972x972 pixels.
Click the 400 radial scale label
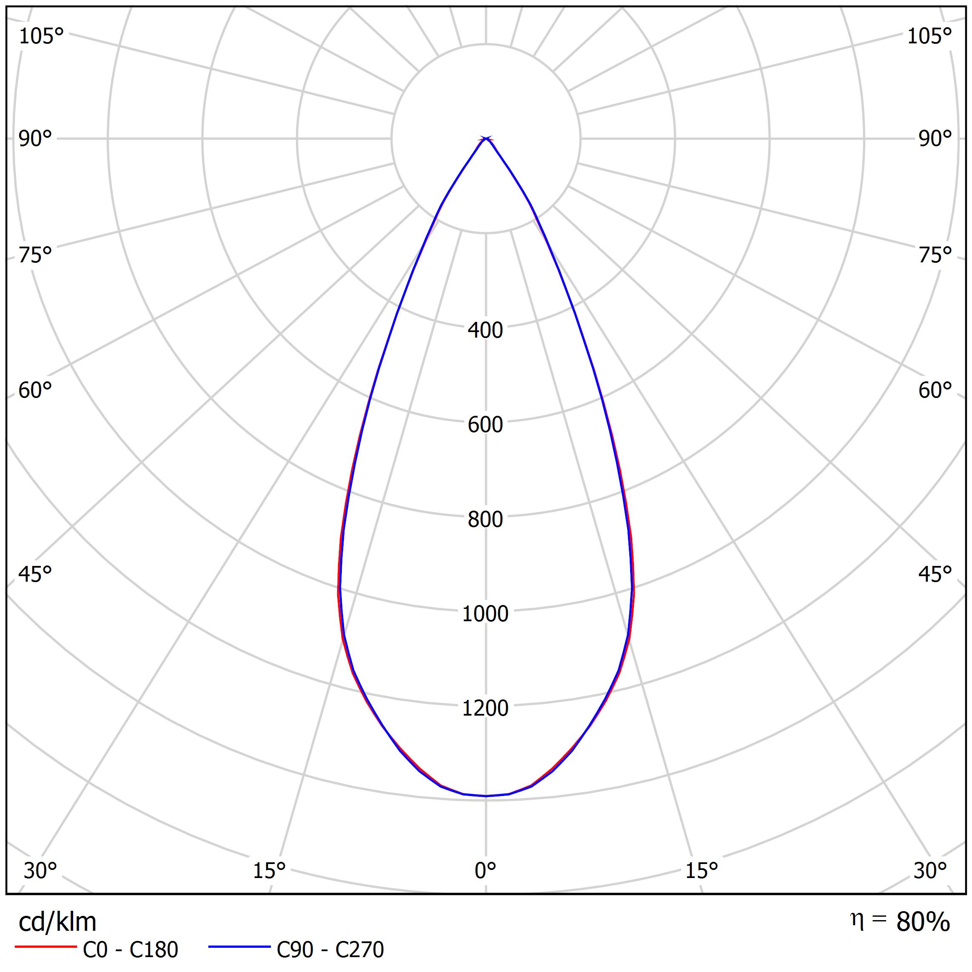(485, 330)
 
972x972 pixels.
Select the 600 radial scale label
(485, 425)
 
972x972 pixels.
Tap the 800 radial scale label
(485, 519)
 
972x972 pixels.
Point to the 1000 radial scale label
(485, 614)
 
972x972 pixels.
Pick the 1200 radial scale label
(485, 708)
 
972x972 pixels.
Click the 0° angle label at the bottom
(485, 871)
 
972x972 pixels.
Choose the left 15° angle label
(269, 871)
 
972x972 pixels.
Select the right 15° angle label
(701, 871)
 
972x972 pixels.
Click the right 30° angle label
(930, 871)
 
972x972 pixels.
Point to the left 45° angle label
(35, 574)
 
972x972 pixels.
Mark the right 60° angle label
(935, 390)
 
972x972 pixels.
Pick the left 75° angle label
(35, 255)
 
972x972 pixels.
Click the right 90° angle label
(935, 139)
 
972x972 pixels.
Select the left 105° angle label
(41, 36)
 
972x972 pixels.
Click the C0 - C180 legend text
(130, 950)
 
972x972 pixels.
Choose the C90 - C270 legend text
(330, 950)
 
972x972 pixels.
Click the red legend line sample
(45, 947)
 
